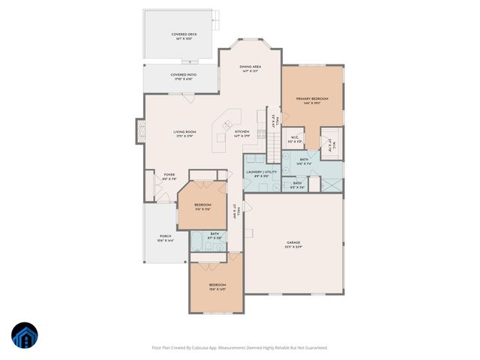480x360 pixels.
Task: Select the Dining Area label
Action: coord(250,67)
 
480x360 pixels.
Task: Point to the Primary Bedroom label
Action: coord(312,98)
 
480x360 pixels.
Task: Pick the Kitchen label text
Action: coord(242,132)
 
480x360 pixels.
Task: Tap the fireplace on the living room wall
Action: coord(139,131)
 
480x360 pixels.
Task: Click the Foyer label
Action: coord(169,175)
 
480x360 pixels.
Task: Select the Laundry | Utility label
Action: coord(262,172)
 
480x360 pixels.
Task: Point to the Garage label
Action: coord(293,242)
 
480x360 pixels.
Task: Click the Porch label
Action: coord(165,237)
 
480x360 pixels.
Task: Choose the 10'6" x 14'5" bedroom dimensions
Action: coord(217,289)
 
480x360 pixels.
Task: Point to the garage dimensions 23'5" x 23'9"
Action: coord(293,247)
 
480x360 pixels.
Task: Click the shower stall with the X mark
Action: coord(330,142)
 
